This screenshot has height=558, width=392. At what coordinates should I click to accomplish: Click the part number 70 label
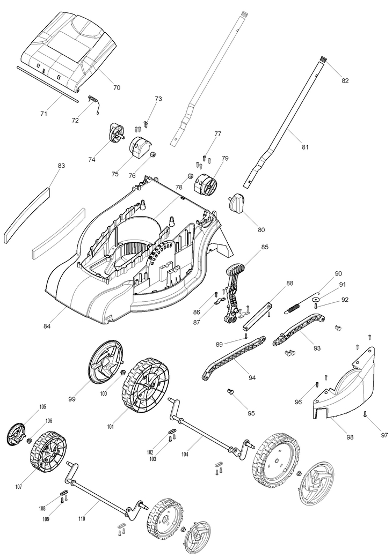[x=117, y=86]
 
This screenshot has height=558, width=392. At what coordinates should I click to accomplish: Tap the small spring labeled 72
[x=94, y=100]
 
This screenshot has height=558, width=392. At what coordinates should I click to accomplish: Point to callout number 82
[x=345, y=81]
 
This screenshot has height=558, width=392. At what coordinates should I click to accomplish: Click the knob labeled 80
[x=236, y=204]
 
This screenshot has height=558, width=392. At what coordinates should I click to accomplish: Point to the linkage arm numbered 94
[x=234, y=357]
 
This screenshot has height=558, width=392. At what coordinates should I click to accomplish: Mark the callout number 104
[x=185, y=454]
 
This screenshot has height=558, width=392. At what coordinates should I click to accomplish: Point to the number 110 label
[x=82, y=518]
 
